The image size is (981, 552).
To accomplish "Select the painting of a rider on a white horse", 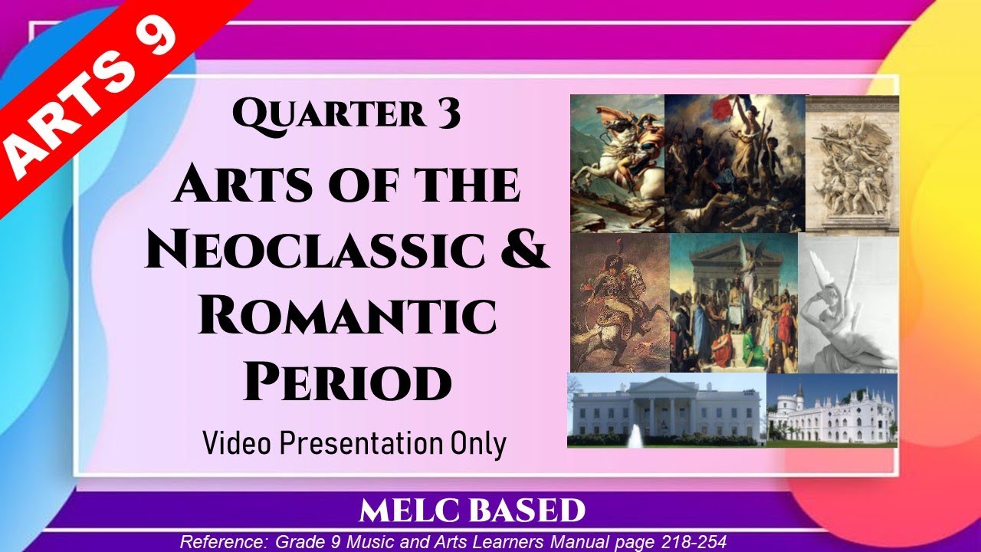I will [x=617, y=163].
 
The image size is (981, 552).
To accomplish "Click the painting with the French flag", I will [x=734, y=163].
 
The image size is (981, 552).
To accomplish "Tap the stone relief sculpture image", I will [x=851, y=163].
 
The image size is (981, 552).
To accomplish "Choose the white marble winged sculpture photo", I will [x=848, y=303].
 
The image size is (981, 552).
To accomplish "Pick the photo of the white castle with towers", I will [x=832, y=410].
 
